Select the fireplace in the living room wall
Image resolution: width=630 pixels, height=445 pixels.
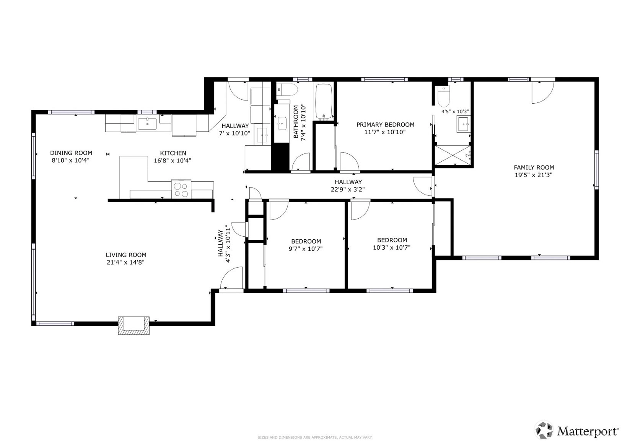pos(133,325)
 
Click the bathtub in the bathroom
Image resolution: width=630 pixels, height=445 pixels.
pos(324,101)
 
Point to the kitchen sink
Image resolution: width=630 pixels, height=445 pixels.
pos(147,124)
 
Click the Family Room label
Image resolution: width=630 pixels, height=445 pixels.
pos(534,167)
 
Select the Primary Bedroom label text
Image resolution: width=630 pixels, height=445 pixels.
pos(385,125)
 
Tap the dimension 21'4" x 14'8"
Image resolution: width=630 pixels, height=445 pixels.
pos(126,262)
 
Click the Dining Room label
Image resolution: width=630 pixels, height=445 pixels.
pos(71,153)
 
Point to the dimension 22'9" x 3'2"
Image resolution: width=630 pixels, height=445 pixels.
pos(348,190)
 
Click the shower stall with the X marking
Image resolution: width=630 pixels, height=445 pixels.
pos(453,155)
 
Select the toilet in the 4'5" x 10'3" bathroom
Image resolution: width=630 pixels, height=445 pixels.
pos(444,96)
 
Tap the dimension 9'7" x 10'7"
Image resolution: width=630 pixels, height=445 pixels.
pos(306,249)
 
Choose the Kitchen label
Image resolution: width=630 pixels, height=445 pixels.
pos(173,153)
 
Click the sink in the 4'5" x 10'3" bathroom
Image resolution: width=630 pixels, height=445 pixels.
pos(463,124)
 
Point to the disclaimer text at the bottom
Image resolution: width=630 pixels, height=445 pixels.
pos(315,437)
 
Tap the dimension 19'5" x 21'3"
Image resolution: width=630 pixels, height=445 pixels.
pos(534,175)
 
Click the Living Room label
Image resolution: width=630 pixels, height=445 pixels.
pos(126,255)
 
